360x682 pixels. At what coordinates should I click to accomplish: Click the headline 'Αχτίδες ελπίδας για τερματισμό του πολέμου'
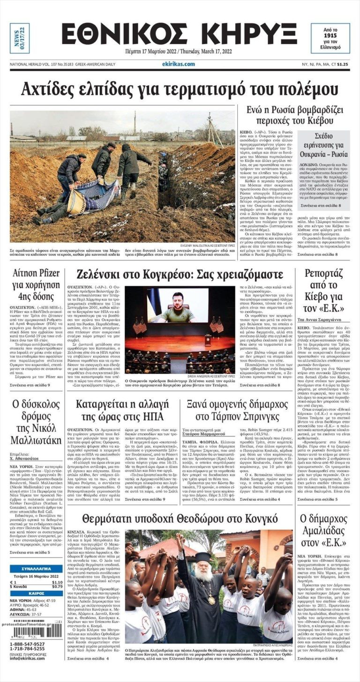tap(180, 89)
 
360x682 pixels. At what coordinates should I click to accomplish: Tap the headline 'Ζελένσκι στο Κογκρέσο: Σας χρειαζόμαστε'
tap(180, 274)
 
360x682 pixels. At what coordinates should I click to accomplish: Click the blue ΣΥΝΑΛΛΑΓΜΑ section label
tap(36, 568)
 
